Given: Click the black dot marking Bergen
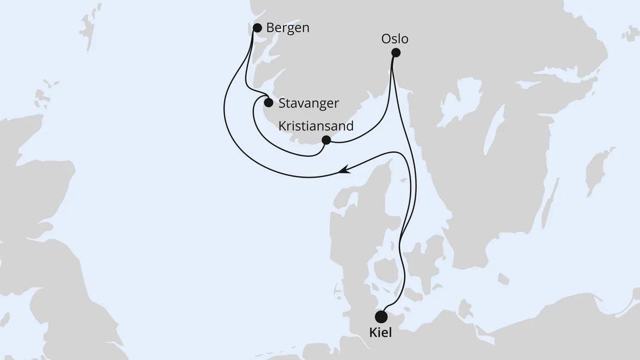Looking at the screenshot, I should click(257, 27).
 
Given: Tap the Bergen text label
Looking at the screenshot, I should click(288, 28).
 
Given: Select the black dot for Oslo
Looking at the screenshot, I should click(395, 52).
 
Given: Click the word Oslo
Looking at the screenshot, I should click(395, 39).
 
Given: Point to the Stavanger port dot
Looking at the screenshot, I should click(268, 103).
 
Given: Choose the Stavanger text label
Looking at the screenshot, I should click(309, 104).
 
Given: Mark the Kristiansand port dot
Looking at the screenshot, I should click(326, 140).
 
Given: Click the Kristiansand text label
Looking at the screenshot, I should click(316, 126).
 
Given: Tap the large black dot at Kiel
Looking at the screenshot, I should click(381, 316).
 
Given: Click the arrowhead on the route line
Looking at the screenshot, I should click(344, 170).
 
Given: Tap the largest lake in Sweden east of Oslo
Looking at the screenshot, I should click(466, 96).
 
